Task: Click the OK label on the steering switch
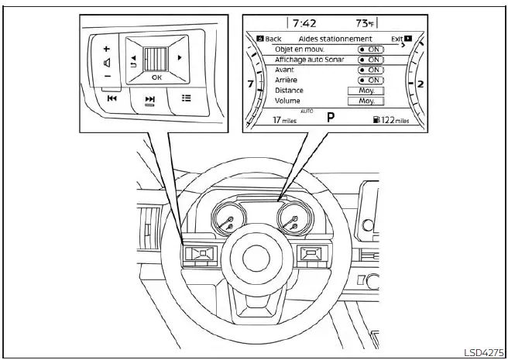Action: [x=156, y=77]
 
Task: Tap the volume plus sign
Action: [x=107, y=49]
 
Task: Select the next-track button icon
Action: [x=149, y=100]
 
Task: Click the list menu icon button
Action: [x=186, y=98]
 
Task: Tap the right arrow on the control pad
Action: [x=179, y=58]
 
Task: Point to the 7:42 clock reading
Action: [x=304, y=23]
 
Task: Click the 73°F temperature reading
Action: [x=365, y=23]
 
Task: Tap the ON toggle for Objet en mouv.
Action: [x=371, y=50]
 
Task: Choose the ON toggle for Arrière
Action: [x=371, y=80]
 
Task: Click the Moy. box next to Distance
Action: [x=366, y=91]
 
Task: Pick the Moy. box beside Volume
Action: [x=366, y=101]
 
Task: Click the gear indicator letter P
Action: [x=331, y=117]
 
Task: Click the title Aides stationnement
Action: [x=335, y=39]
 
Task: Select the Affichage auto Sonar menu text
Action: [x=310, y=60]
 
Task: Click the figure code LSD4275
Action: [x=484, y=352]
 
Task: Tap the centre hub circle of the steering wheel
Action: [x=256, y=259]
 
